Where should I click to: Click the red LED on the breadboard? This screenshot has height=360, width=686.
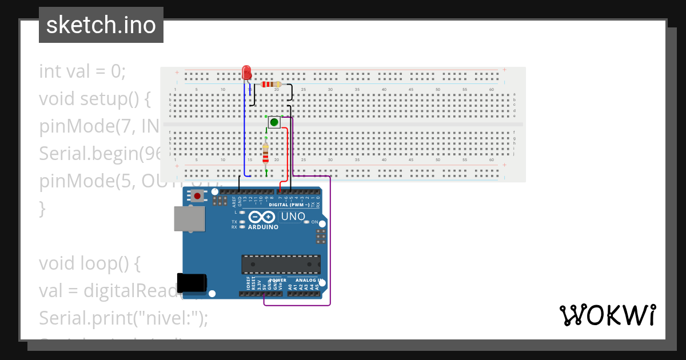tap(246, 73)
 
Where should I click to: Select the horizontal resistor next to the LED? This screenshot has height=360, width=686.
tap(270, 85)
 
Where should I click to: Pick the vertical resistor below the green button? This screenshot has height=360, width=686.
tap(265, 153)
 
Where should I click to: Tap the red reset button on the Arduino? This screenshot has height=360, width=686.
tap(198, 196)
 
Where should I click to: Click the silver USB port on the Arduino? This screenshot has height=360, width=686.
tap(189, 219)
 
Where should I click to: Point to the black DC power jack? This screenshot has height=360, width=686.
tap(192, 283)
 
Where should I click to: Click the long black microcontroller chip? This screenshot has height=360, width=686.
tap(281, 265)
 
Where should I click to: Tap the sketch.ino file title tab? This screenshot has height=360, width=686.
tap(101, 25)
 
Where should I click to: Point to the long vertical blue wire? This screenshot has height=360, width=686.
tap(245, 131)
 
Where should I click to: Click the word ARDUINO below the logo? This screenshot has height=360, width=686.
tap(263, 227)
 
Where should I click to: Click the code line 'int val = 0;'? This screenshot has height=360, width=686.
tap(82, 71)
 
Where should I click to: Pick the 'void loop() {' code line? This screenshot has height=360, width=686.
tap(89, 263)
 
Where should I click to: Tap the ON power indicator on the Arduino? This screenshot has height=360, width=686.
tap(313, 222)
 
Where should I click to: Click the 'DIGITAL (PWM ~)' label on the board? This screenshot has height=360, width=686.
tap(289, 205)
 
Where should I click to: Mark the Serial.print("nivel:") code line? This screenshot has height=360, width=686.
tap(123, 318)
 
